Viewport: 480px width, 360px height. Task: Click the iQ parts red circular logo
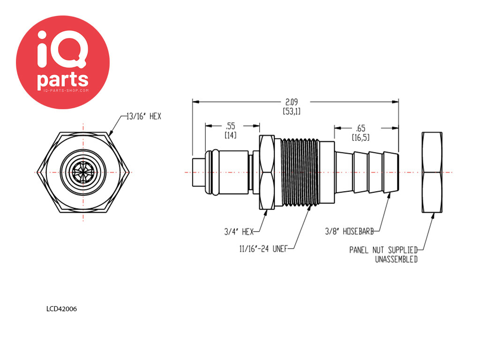(63, 62)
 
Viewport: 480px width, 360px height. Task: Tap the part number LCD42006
(61, 309)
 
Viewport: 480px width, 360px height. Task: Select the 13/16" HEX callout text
(144, 116)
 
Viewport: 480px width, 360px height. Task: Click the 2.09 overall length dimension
(292, 102)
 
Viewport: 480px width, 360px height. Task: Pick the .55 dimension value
(231, 126)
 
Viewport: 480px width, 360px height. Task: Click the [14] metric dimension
(231, 135)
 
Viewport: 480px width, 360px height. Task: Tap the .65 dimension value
(360, 128)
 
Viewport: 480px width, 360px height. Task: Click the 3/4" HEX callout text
(239, 232)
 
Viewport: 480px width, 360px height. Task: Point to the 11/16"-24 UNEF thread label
(263, 249)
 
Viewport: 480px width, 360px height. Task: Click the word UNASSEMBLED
(397, 259)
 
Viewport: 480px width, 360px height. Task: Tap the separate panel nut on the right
(432, 172)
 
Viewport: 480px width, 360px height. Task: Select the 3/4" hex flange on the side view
(267, 172)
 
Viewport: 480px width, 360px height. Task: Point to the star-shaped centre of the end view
(83, 172)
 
